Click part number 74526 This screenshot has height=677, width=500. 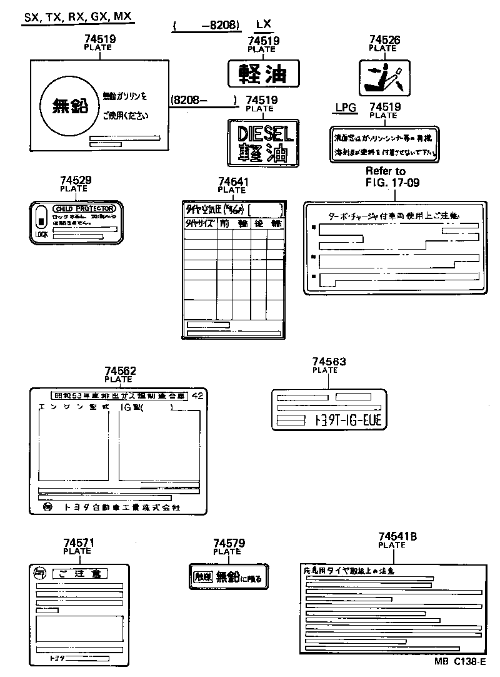[x=384, y=40]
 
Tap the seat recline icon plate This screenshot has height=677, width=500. [x=384, y=77]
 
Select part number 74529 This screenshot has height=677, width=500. [x=76, y=180]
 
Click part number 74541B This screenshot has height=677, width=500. [x=397, y=537]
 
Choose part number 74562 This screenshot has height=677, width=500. [x=120, y=371]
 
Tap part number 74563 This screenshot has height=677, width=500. [x=329, y=362]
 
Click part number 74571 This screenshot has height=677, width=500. [x=79, y=543]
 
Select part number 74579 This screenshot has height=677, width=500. [x=229, y=544]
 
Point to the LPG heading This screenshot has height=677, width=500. [x=345, y=108]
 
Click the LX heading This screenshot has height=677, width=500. [x=264, y=24]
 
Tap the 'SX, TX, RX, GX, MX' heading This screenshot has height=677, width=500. [x=78, y=17]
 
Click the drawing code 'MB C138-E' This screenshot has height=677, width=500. [x=461, y=662]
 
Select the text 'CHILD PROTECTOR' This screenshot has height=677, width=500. [x=84, y=208]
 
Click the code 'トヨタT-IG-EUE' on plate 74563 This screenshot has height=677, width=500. [x=344, y=421]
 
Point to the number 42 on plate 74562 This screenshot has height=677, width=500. [x=197, y=395]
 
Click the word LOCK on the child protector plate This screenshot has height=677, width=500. [x=42, y=235]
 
